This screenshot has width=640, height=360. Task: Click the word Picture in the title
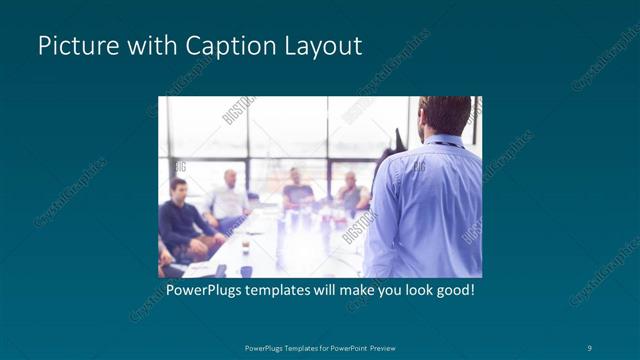72,46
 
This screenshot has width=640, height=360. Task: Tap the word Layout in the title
323,46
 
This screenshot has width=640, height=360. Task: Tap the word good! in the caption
452,291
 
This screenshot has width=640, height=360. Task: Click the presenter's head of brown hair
445,112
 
